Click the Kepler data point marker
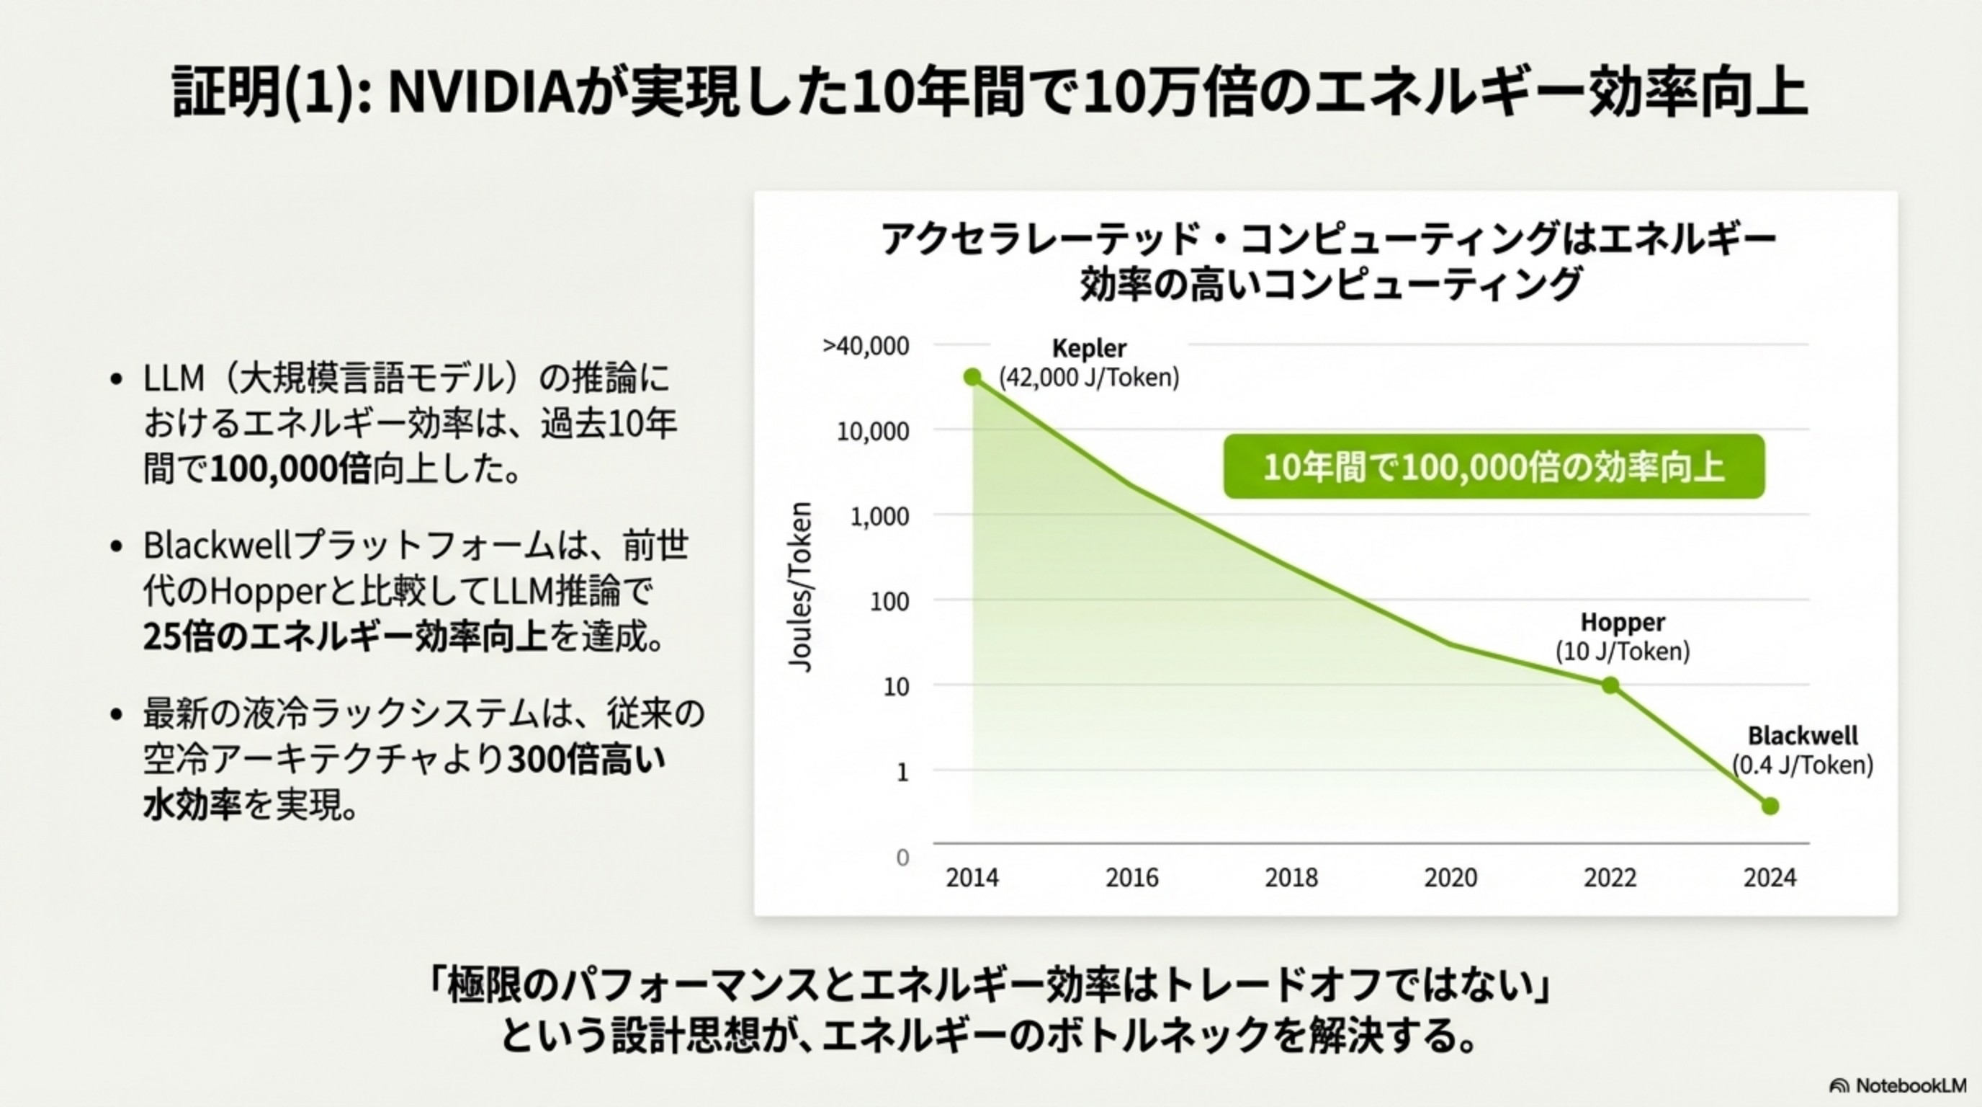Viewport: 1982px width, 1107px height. [972, 377]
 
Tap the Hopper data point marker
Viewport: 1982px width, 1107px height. [1610, 685]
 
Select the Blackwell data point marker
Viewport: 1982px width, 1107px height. [1770, 806]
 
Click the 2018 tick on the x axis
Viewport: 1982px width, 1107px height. [1291, 878]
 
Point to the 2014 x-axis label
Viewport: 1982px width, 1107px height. [972, 878]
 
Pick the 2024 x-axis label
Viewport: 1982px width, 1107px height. [1770, 878]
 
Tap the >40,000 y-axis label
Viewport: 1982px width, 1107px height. [866, 347]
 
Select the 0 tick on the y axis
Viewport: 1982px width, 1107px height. [902, 857]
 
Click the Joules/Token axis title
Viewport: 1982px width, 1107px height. [801, 587]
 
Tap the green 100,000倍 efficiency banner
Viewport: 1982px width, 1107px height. [1494, 466]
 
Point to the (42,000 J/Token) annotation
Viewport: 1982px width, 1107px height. [1089, 378]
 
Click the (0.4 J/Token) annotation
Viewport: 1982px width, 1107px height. [1803, 765]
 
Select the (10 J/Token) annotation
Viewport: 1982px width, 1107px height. [1623, 652]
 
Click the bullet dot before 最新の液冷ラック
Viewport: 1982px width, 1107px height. [116, 714]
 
